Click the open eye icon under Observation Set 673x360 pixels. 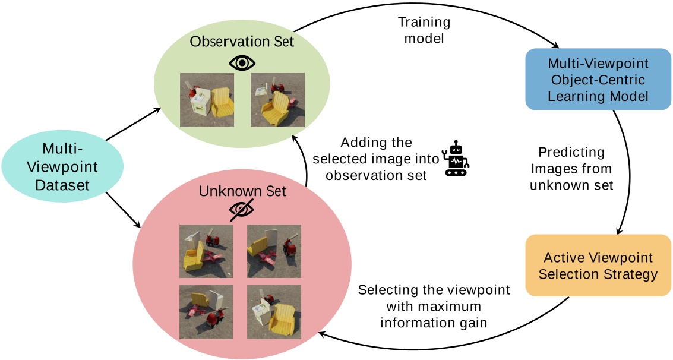pos(242,63)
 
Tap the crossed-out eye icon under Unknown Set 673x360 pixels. pos(242,210)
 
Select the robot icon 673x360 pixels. pos(457,159)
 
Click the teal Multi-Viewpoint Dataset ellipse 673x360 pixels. pos(62,166)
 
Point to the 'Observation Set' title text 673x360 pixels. pos(242,42)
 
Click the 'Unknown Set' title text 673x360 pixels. pos(242,191)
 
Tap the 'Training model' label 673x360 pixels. pos(424,30)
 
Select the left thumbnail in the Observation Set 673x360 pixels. pos(207,99)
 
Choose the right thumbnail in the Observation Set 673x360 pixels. pos(277,99)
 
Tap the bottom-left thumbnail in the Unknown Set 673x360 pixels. pos(207,312)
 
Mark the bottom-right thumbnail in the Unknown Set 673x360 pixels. pos(274,312)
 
